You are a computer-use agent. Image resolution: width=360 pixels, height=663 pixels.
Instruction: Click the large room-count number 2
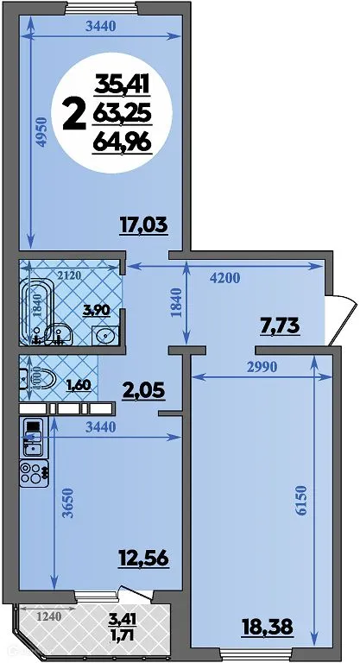click(x=75, y=112)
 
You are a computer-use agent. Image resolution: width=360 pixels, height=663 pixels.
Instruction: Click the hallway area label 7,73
click(x=281, y=325)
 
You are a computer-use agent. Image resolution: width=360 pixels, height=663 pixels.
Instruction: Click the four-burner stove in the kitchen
click(x=34, y=473)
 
